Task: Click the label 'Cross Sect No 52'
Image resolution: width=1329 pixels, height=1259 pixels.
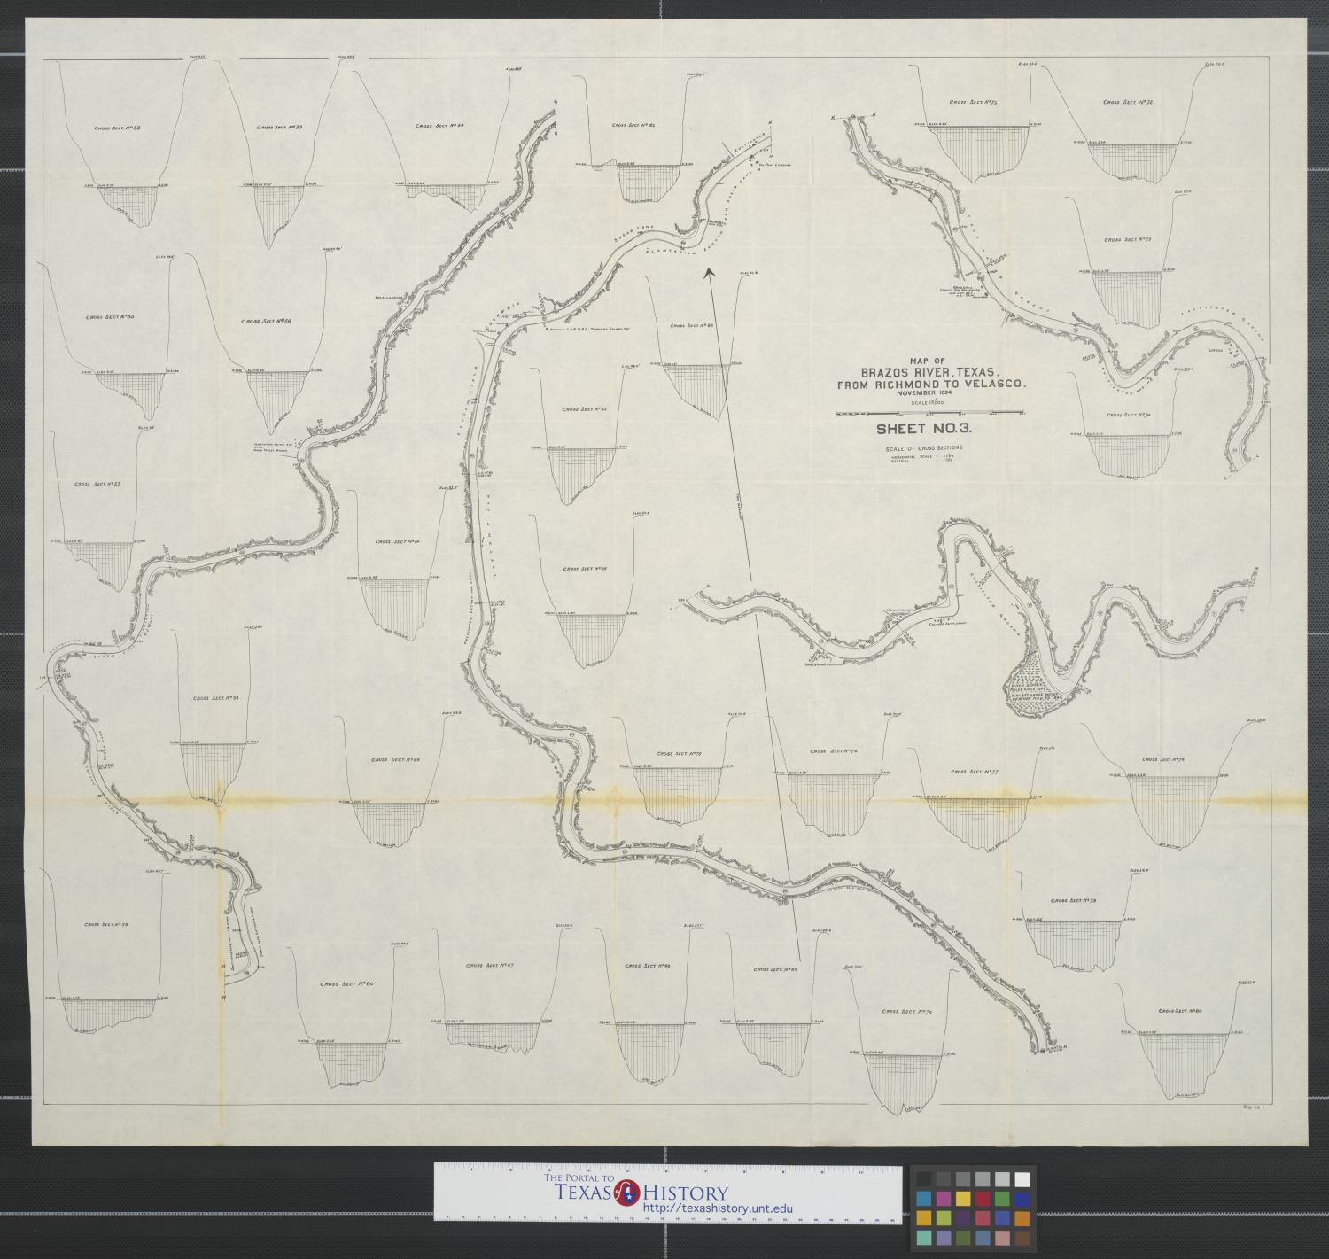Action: click(x=118, y=128)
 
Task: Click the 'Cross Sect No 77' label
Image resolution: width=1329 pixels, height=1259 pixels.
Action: click(x=975, y=772)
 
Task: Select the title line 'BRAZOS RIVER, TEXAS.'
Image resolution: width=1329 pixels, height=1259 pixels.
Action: click(x=923, y=371)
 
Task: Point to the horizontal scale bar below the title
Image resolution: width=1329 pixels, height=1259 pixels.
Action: click(x=929, y=413)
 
